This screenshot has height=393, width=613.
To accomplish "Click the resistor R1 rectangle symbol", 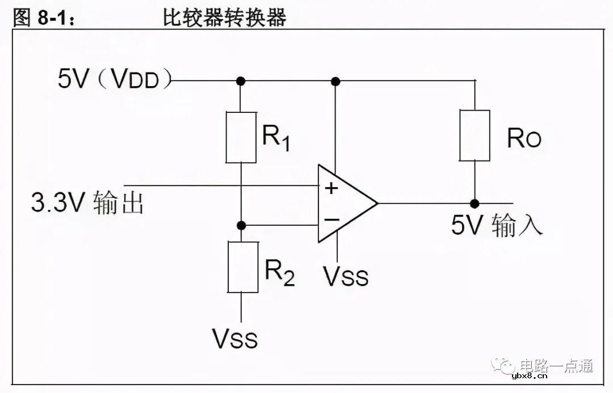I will pos(241,137).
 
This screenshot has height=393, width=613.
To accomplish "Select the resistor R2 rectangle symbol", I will pos(242,267).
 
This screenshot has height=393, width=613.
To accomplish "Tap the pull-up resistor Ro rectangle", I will pos(475,136).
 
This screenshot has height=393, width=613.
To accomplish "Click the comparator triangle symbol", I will pos(343,203).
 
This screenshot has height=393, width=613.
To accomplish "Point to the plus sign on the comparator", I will pos(331,188).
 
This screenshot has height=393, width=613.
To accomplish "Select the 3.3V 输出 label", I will pos(87,203).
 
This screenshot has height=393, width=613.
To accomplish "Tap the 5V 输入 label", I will pos(497,225).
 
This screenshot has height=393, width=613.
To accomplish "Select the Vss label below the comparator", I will pos(346,276).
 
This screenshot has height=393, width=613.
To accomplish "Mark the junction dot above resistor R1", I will pos(241,81).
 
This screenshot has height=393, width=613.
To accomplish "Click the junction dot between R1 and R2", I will pos(241,225).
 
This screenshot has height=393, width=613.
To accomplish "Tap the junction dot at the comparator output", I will pos(475,203).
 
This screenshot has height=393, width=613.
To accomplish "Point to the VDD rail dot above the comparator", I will pos(335,81).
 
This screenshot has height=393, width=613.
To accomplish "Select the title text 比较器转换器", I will pos(224,18).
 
